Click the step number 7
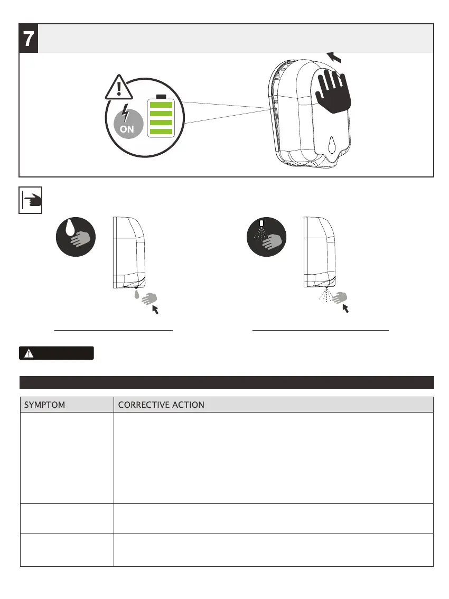[x=29, y=38]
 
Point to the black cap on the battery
[x=161, y=97]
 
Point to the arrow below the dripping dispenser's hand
[x=155, y=310]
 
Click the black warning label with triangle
[x=57, y=353]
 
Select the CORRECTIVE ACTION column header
[x=161, y=405]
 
